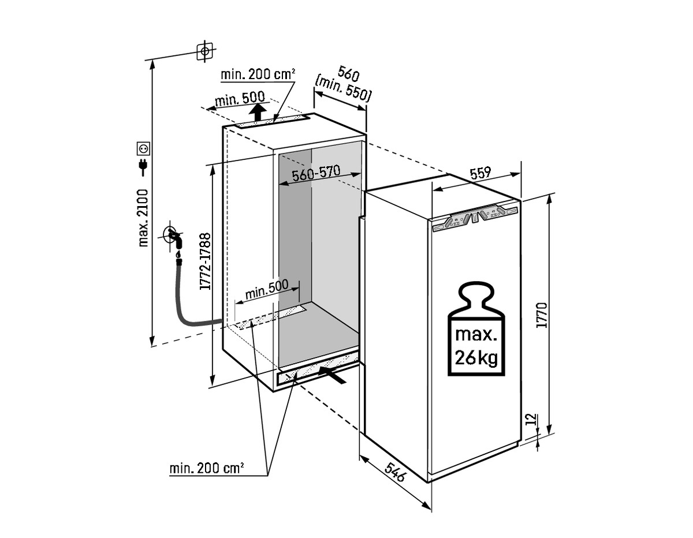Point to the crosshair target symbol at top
click(x=204, y=51)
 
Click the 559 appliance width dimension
click(x=480, y=172)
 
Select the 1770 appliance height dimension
click(x=541, y=315)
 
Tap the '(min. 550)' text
click(x=343, y=89)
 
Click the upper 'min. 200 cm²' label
click(x=258, y=74)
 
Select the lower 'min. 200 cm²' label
click(x=207, y=468)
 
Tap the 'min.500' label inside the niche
click(x=266, y=290)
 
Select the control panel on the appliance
click(x=475, y=218)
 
